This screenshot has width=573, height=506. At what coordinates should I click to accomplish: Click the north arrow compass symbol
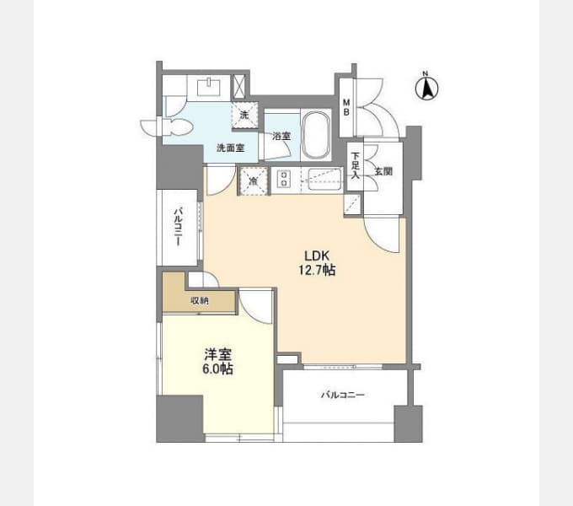point(427,87)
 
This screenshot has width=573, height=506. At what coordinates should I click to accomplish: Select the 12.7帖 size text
point(317,270)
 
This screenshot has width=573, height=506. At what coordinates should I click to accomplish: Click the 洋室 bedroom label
point(217,354)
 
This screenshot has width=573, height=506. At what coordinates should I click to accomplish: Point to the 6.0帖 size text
point(217,369)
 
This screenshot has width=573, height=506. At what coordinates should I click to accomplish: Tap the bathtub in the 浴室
point(316,135)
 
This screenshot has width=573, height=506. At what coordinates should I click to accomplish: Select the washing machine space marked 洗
point(244,116)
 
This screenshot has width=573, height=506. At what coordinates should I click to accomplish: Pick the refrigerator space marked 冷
point(253,180)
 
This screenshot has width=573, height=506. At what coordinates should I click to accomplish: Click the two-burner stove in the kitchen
point(283,179)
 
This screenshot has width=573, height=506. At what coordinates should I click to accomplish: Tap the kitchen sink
point(325,179)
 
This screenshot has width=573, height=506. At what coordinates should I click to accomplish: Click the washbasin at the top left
point(209,87)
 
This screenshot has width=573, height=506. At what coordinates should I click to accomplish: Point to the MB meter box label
point(346,107)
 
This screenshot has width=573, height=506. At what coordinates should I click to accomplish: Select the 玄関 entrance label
point(383,170)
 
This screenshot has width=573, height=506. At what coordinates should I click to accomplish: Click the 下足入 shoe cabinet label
point(356,165)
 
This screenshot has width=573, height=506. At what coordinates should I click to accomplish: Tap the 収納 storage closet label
point(200,301)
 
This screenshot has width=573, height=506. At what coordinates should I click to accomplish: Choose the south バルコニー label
point(343,395)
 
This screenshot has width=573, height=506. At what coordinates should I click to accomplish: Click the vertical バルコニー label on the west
point(179,226)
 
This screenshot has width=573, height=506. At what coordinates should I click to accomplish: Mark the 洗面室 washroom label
point(230,148)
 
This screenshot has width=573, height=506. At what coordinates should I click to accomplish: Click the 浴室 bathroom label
point(281,136)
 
